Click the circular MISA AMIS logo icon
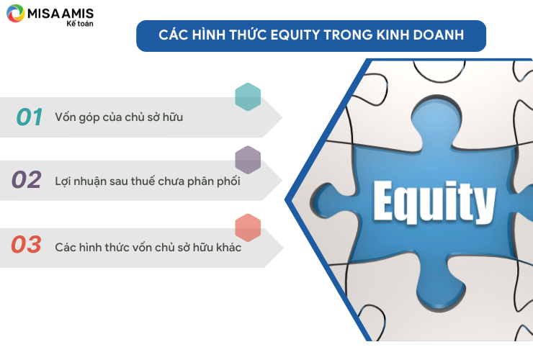(16, 13)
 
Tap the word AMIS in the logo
(78, 14)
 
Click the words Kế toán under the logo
(80, 24)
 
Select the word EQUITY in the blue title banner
(295, 35)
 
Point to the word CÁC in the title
(174, 35)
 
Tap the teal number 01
(30, 117)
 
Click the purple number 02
(27, 179)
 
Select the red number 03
(26, 244)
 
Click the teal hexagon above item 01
(248, 97)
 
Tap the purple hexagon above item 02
(248, 160)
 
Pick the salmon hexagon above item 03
(248, 228)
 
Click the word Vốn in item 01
(66, 117)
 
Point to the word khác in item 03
(229, 247)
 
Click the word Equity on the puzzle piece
(434, 202)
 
